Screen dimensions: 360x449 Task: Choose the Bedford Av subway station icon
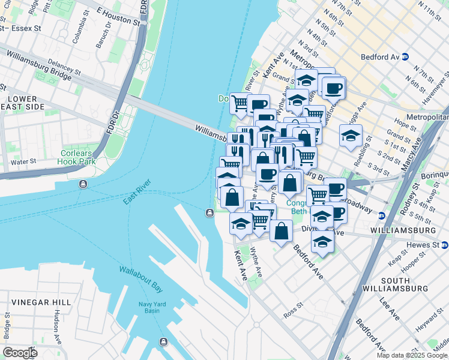click(x=405, y=58)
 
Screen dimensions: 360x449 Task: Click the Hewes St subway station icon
click(x=445, y=245)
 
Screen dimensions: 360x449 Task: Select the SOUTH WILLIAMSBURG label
click(x=403, y=285)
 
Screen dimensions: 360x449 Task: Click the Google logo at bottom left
click(x=20, y=353)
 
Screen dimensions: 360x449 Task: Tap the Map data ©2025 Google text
click(x=411, y=355)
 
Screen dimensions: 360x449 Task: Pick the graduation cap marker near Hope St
click(x=351, y=136)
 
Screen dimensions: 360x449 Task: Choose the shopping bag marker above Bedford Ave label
click(x=281, y=231)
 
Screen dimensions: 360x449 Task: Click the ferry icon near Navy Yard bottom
click(x=163, y=342)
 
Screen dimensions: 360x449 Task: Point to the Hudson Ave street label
click(x=57, y=326)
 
